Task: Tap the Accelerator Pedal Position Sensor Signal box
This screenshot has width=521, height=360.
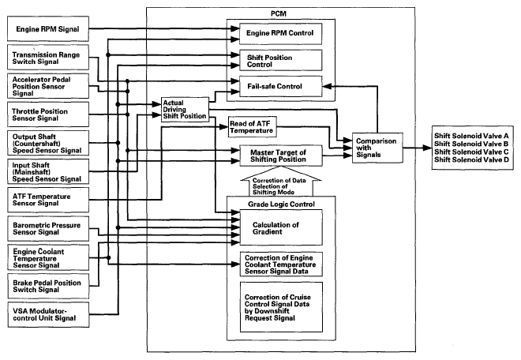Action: (x=47, y=87)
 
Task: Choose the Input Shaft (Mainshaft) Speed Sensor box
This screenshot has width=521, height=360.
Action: (x=47, y=171)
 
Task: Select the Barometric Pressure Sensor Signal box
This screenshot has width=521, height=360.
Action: (x=47, y=230)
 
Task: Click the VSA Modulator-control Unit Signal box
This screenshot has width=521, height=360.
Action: (x=47, y=313)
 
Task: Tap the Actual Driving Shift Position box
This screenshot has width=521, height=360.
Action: (x=183, y=109)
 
